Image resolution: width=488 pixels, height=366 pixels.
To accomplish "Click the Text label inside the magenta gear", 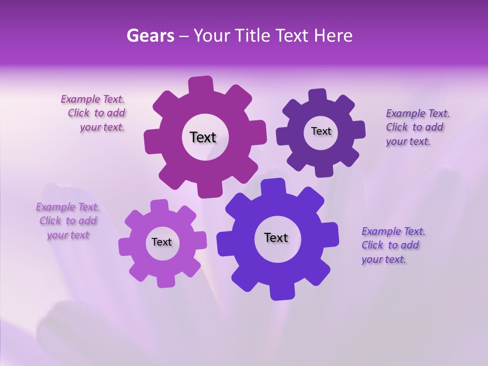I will pos(203,137).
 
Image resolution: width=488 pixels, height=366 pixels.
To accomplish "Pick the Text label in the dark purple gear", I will pos(321,131).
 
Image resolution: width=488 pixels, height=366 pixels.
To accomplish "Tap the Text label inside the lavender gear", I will pos(162,242).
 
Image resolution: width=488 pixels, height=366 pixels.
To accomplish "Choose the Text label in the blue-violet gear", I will pos(276,237).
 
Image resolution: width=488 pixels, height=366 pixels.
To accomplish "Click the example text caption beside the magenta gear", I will pos(94,113).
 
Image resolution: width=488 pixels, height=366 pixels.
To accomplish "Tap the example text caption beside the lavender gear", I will pos(68,221).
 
